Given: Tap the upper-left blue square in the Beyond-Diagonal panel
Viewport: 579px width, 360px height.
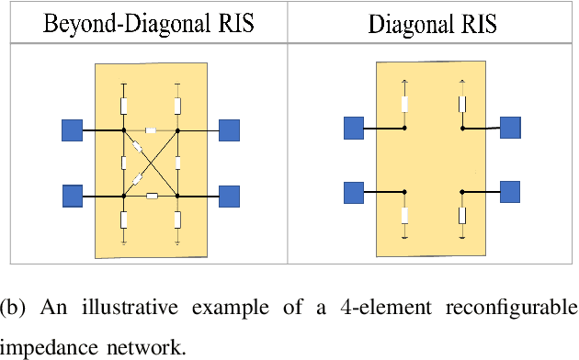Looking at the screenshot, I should coord(73,130).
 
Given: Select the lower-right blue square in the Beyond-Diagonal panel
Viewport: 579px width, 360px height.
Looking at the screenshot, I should coord(229,196).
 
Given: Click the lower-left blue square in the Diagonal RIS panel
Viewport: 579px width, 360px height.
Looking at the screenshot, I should coord(354,192).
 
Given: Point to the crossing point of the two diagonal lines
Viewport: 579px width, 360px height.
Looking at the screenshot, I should coord(151,163).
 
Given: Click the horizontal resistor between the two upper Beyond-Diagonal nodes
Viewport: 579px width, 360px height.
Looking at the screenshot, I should coord(151,130).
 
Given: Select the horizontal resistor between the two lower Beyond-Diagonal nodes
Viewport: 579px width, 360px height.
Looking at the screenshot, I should coord(152,196).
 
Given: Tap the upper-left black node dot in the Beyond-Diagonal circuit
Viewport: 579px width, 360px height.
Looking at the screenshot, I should coord(124,130).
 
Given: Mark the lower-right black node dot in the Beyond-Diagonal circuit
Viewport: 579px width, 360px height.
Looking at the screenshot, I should coord(177,196).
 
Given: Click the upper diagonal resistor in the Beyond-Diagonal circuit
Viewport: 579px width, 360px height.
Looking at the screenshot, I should coord(137,147).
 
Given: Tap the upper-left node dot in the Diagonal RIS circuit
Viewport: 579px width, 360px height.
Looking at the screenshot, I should coord(404,129).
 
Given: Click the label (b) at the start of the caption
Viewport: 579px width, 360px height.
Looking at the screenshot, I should coord(18,307).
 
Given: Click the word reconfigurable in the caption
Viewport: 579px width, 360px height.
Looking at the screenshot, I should coord(506,307).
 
